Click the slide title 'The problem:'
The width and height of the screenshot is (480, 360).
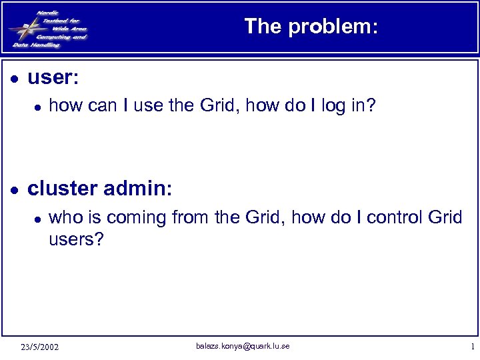click(311, 26)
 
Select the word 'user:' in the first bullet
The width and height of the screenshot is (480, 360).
click(53, 78)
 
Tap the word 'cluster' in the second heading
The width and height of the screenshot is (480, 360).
click(62, 189)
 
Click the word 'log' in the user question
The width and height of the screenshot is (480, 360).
click(333, 105)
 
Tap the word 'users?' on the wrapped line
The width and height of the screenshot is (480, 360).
click(77, 239)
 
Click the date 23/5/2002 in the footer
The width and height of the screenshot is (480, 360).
click(39, 347)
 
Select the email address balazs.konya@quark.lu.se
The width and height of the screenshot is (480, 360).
click(243, 346)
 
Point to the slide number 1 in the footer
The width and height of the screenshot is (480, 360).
click(472, 347)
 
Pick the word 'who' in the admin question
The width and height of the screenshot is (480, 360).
click(64, 217)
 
